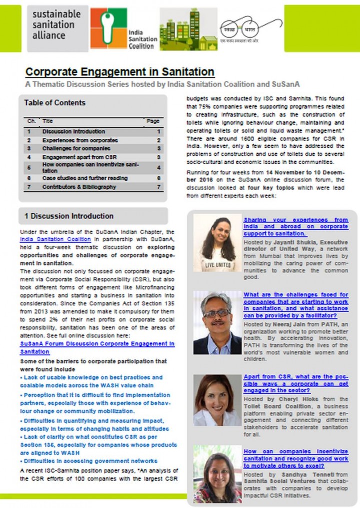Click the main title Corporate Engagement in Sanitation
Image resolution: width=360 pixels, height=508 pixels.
pyautogui.click(x=120, y=72)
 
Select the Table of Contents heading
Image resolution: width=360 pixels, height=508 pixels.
pyautogui.click(x=55, y=103)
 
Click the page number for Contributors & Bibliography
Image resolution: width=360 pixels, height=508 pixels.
pyautogui.click(x=158, y=187)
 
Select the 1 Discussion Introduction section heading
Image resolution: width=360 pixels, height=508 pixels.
pyautogui.click(x=69, y=216)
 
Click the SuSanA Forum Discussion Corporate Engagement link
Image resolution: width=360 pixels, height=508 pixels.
pyautogui.click(x=97, y=348)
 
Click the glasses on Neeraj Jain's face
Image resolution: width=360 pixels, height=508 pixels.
pyautogui.click(x=217, y=314)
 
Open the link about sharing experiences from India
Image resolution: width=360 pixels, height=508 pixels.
pyautogui.click(x=296, y=226)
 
